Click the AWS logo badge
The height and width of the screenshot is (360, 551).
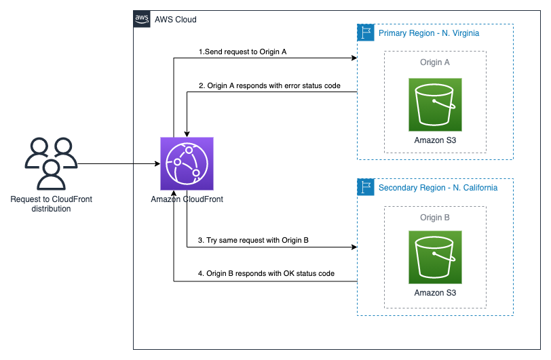[x=142, y=19]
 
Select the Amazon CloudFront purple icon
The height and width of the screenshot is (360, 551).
[x=187, y=163]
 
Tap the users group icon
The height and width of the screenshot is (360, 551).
[x=52, y=163]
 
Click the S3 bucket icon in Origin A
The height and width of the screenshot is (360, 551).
[x=435, y=104]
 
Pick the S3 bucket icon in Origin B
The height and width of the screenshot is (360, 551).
[x=435, y=257]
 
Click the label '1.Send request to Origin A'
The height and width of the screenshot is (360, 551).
[x=242, y=52]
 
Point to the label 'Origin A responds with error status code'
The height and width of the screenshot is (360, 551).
[x=273, y=85]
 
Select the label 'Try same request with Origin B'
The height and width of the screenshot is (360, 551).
[x=257, y=240]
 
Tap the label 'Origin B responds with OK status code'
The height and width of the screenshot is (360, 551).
[x=270, y=273]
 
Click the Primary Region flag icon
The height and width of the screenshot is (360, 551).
[x=366, y=33]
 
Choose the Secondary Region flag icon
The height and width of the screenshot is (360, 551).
[x=366, y=187]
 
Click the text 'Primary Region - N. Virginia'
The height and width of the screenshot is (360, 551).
[x=429, y=33]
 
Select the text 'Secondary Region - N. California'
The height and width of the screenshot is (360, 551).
[x=438, y=188]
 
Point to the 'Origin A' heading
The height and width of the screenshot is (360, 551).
[x=435, y=62]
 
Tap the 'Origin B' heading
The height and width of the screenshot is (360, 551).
[x=435, y=218]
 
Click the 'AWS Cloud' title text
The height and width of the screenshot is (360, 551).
[x=175, y=19]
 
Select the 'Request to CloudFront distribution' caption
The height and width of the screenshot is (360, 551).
[x=52, y=204]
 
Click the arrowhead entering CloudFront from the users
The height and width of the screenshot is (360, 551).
[x=158, y=163]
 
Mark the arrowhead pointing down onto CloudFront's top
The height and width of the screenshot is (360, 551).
[x=187, y=134]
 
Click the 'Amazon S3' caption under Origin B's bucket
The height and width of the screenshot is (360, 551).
[x=435, y=293]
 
